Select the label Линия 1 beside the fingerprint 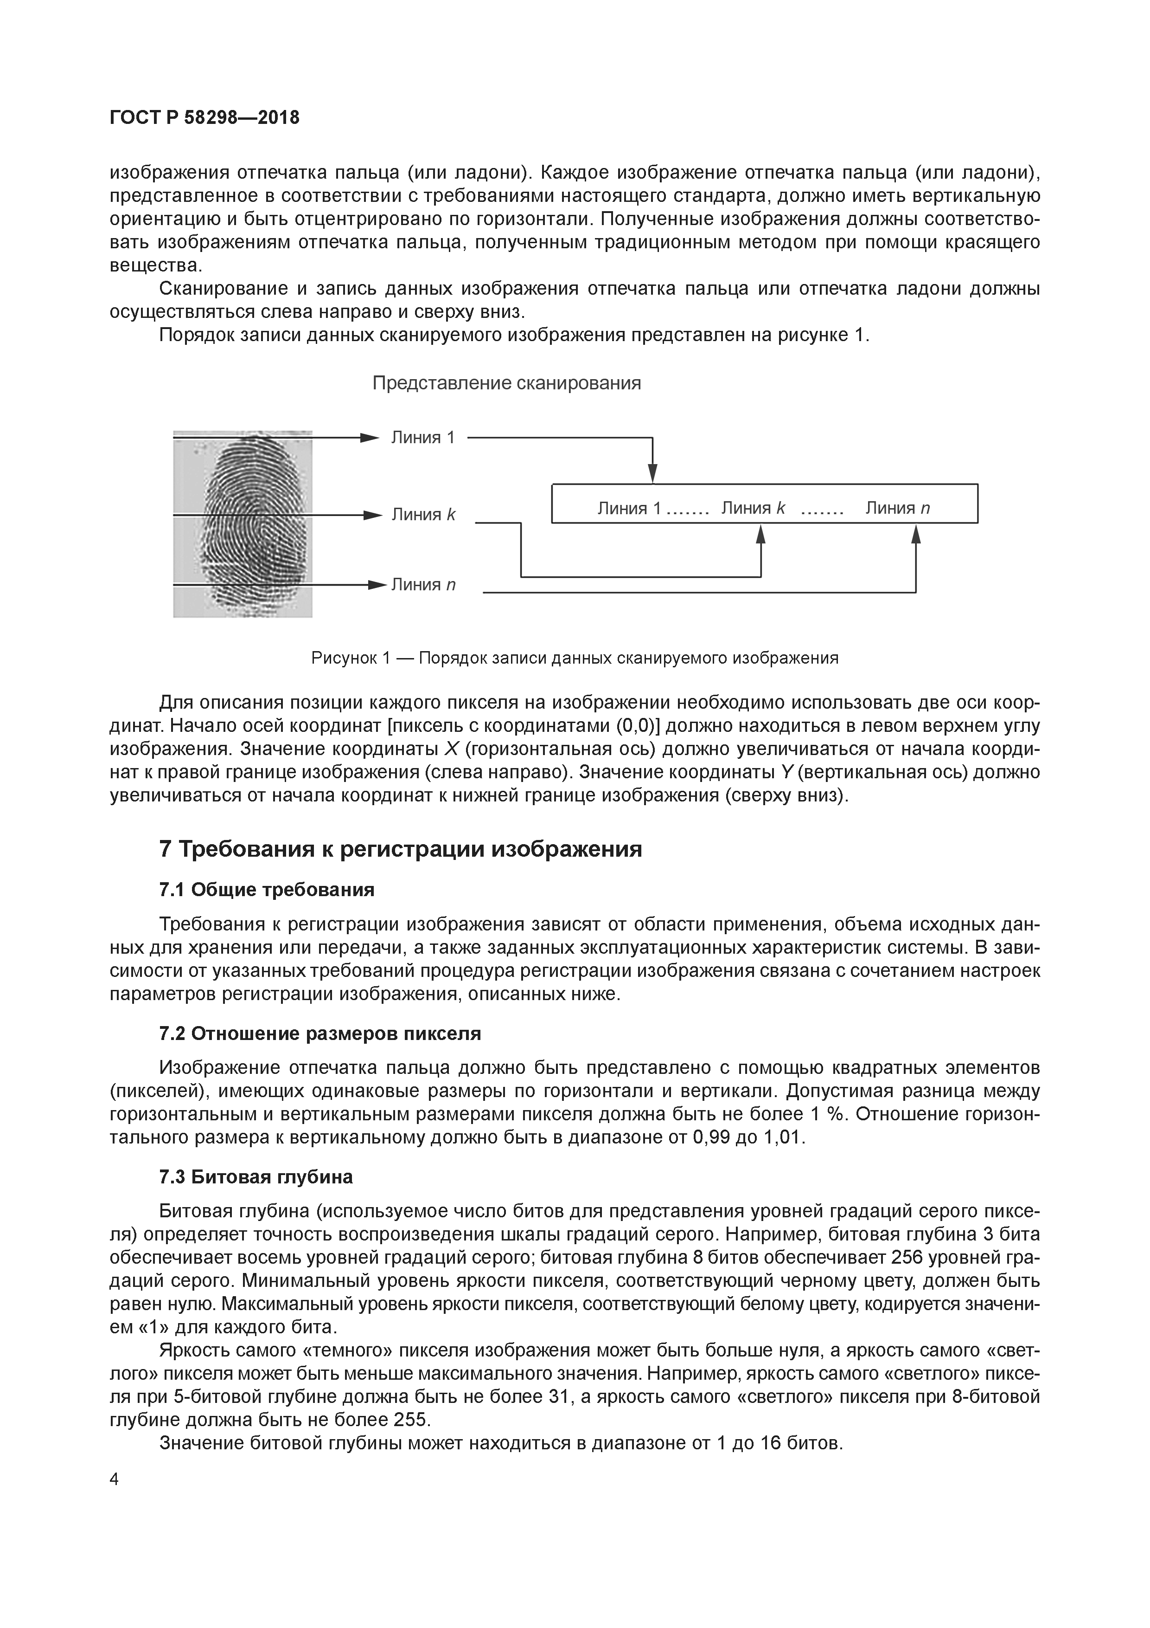[x=423, y=438]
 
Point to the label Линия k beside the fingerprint [x=423, y=514]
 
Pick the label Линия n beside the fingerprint [x=423, y=584]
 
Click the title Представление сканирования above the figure [x=507, y=384]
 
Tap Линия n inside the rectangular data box [x=897, y=508]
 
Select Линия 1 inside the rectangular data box [x=629, y=508]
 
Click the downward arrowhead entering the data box [x=652, y=474]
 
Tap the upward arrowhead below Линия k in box [x=761, y=533]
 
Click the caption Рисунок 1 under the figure [x=575, y=658]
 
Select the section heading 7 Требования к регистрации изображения [x=401, y=849]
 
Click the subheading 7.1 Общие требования [x=267, y=889]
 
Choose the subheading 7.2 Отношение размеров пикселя [x=320, y=1034]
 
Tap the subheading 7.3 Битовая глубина [x=256, y=1177]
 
